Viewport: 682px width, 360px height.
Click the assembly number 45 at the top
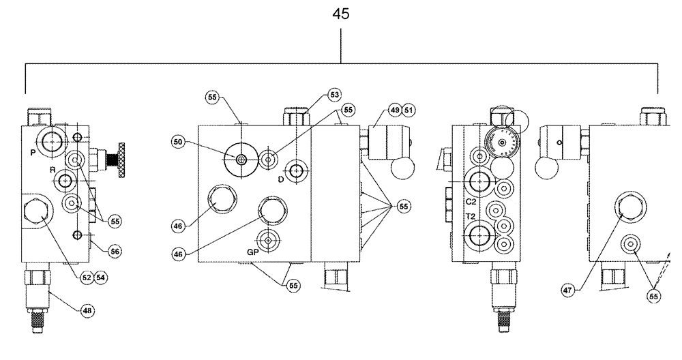(340, 14)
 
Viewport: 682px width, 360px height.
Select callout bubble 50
(179, 141)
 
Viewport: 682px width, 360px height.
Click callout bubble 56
(115, 251)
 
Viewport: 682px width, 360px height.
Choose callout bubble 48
(87, 310)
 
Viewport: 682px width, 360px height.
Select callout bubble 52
(87, 277)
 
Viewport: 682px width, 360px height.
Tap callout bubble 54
(101, 277)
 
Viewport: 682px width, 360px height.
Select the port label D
(280, 179)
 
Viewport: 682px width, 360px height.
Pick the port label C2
(471, 202)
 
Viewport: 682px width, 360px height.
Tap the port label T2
(471, 216)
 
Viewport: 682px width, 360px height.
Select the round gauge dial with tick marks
(502, 142)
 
